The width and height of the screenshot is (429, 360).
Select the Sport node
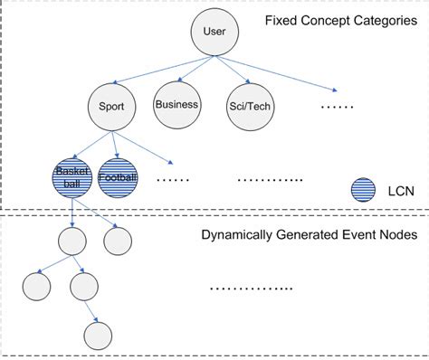coord(112,107)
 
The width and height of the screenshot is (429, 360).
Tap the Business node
coord(176,105)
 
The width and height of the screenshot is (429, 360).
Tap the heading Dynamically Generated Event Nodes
coord(308,234)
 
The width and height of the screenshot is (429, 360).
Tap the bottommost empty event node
coord(98,335)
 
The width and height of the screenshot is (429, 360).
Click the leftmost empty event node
coord(36,286)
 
